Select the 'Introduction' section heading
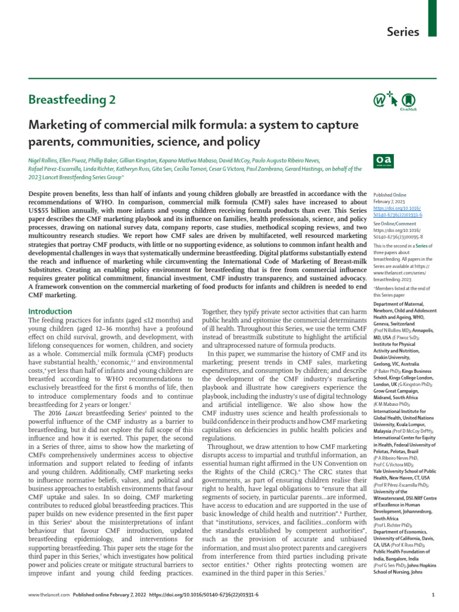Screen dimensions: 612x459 (x=50, y=311)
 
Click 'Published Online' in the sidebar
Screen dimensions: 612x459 (x=390, y=195)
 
